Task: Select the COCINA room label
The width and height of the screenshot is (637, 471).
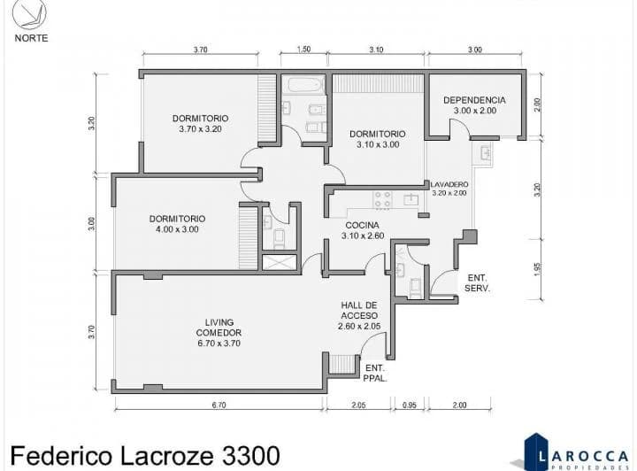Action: (x=363, y=230)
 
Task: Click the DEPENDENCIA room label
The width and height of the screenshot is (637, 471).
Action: (x=474, y=105)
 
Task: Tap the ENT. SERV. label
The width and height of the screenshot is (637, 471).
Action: (x=478, y=282)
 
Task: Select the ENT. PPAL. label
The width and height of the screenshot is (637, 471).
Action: (x=373, y=373)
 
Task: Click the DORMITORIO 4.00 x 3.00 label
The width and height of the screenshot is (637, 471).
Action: (x=177, y=223)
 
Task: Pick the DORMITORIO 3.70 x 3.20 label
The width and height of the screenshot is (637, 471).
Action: (x=200, y=123)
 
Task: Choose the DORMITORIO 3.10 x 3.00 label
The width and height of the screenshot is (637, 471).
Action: (x=378, y=139)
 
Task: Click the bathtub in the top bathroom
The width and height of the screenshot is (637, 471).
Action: (x=303, y=88)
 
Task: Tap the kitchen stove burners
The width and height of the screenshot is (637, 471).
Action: (x=382, y=199)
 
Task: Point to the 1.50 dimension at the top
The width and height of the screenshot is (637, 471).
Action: (x=303, y=50)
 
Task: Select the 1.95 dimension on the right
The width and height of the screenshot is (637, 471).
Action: (x=536, y=268)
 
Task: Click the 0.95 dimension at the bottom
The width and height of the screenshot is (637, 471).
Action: (x=409, y=405)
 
